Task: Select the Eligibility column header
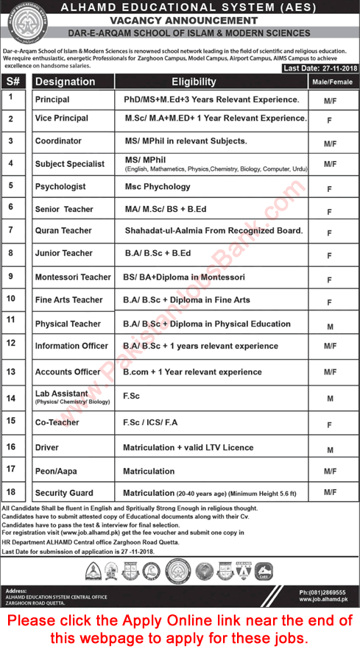(194, 82)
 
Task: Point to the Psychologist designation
(60, 186)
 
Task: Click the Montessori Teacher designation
(73, 277)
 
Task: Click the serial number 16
(10, 447)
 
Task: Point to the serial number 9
(10, 277)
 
